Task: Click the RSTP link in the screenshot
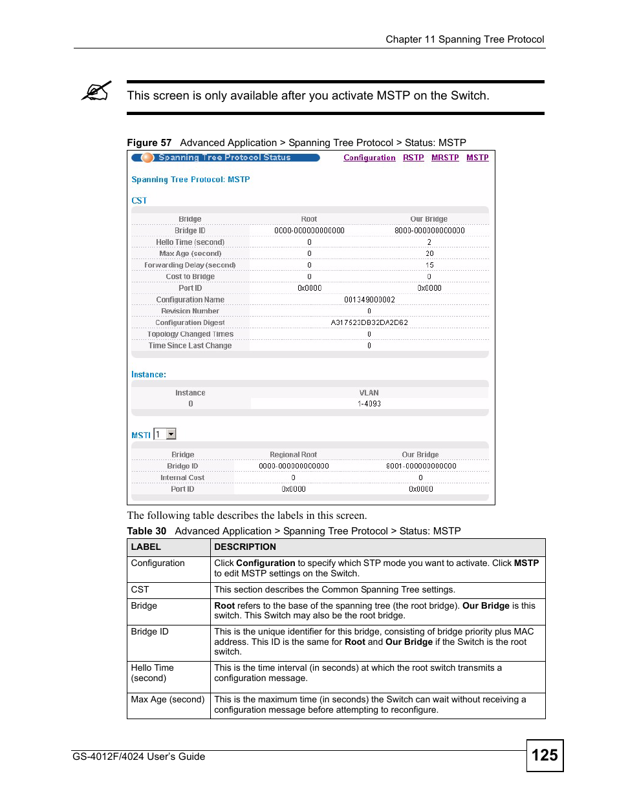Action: point(413,158)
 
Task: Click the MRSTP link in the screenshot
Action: point(445,158)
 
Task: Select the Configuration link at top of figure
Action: point(369,158)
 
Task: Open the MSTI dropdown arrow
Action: point(171,434)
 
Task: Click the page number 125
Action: point(545,755)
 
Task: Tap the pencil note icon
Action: point(96,92)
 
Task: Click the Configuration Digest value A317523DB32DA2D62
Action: point(369,322)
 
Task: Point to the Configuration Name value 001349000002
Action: point(369,300)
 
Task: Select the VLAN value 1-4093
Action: point(369,404)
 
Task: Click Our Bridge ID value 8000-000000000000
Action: point(429,231)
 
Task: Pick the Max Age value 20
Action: point(429,254)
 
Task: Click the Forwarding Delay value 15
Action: point(429,266)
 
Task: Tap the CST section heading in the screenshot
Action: point(139,201)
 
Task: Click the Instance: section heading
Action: point(149,375)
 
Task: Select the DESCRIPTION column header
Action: point(245,547)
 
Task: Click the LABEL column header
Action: point(146,547)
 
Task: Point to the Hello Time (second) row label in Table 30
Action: point(153,673)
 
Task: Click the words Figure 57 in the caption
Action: point(149,143)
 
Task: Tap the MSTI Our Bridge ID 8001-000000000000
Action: point(421,466)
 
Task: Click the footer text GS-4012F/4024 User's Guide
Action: point(139,757)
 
